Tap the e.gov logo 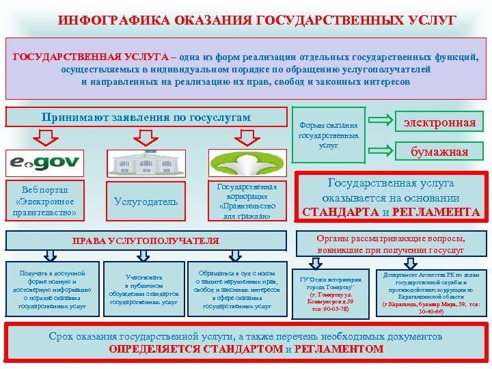tap(45, 164)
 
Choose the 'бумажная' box tap(439, 151)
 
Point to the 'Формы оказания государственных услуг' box tap(328, 135)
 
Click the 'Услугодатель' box tap(146, 202)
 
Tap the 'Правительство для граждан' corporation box tap(247, 201)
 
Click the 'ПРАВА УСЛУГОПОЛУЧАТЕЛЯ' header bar tap(146, 241)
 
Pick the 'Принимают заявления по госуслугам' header tap(146, 118)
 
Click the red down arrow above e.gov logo tap(44, 139)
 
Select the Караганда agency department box tap(430, 290)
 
